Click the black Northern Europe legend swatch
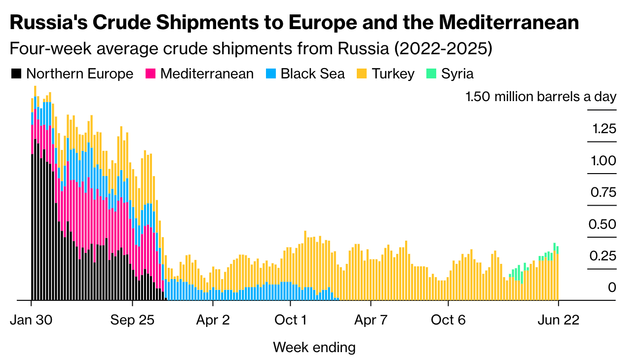tap(17, 74)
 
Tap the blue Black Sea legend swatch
tap(271, 74)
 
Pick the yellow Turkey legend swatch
tap(362, 74)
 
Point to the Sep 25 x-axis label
tap(132, 320)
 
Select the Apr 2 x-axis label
tap(213, 320)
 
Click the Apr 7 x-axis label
tap(371, 320)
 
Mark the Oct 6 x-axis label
tap(449, 320)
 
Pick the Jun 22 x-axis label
tap(558, 320)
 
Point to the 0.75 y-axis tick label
tap(603, 192)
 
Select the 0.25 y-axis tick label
tap(603, 256)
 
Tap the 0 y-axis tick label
tap(612, 288)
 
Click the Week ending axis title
tap(314, 347)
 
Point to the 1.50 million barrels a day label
tap(541, 97)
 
